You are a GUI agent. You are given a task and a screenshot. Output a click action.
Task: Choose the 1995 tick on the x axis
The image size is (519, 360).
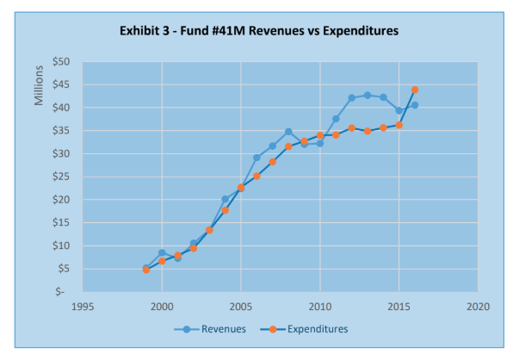pyautogui.click(x=83, y=306)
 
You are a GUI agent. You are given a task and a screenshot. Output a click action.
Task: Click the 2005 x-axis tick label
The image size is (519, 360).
pyautogui.click(x=241, y=306)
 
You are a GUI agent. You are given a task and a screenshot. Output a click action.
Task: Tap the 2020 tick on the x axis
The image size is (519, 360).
pyautogui.click(x=478, y=306)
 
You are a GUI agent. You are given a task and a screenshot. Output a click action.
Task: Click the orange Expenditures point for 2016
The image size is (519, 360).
pyautogui.click(x=415, y=90)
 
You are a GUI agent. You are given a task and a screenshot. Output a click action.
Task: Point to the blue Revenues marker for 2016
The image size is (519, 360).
pyautogui.click(x=415, y=105)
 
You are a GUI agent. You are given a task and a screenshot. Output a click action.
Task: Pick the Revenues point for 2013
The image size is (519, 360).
pyautogui.click(x=368, y=96)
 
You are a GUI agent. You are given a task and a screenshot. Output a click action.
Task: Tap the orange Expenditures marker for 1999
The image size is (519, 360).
pyautogui.click(x=146, y=270)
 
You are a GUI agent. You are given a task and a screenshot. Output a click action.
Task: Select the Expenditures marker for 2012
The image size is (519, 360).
pyautogui.click(x=352, y=128)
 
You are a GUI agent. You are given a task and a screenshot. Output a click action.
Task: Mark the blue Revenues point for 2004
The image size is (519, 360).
pyautogui.click(x=226, y=199)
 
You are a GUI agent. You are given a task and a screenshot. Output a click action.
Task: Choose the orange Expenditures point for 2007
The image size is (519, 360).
pyautogui.click(x=273, y=162)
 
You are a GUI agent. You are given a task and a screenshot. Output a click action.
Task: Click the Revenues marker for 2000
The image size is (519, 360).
pyautogui.click(x=162, y=253)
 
